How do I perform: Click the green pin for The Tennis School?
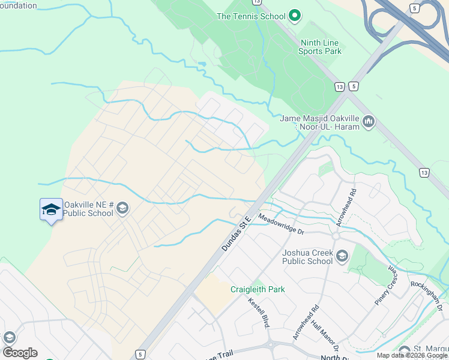coord(294,16)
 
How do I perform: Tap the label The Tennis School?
coord(251,16)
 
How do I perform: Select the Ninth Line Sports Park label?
coord(320,47)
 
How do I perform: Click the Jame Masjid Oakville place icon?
coord(368,122)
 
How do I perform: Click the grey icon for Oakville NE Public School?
coord(122,208)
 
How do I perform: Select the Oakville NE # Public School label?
coord(89,208)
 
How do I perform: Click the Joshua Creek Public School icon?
coord(342,257)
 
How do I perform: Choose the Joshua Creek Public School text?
coord(307,257)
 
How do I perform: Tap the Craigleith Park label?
coord(258,289)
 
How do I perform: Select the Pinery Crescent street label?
coord(385,287)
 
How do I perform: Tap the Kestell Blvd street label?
coord(257,311)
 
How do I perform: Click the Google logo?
coord(20,352)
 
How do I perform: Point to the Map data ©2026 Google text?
coord(412,356)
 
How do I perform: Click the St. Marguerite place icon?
coord(405,350)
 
